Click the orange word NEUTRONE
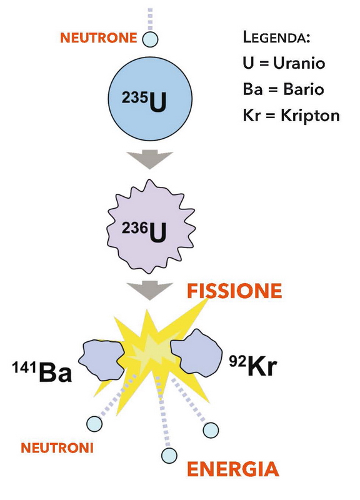99,38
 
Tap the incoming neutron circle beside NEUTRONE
150,39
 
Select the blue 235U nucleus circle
150,99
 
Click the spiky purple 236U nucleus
151,227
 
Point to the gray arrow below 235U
149,159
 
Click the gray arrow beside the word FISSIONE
149,290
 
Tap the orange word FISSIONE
234,291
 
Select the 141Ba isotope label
42,371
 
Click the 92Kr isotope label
253,366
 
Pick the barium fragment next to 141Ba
102,360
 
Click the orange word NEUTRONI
57,448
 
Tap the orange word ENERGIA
233,469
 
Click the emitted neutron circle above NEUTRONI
94,424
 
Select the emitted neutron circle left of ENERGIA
169,456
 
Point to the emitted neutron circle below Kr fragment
211,430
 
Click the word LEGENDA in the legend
276,37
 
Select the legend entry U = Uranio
284,63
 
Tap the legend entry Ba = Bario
283,89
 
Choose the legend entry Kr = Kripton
291,116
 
